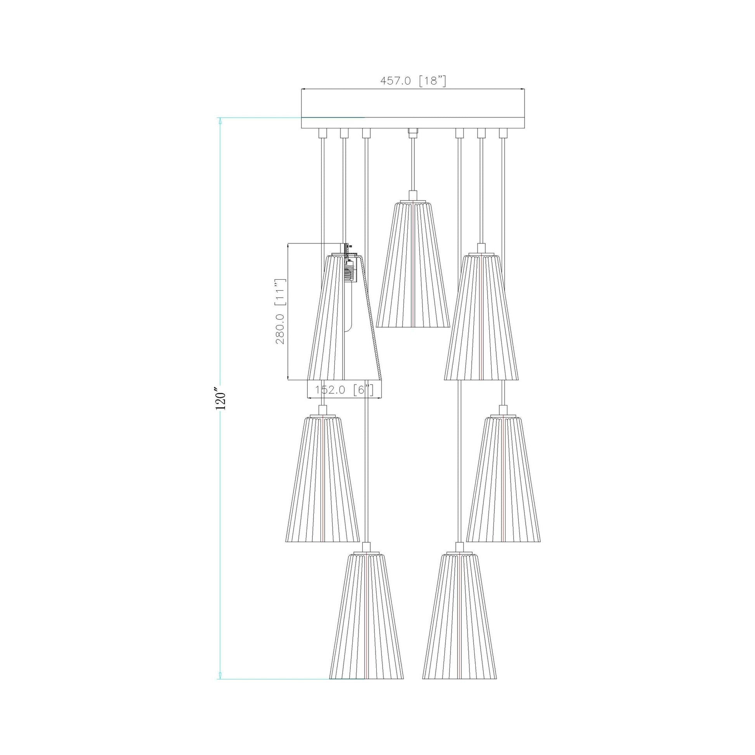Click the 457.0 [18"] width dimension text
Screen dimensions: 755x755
click(413, 81)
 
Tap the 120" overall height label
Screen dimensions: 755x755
click(221, 398)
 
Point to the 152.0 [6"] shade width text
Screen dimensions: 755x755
click(344, 390)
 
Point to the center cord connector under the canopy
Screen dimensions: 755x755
click(413, 132)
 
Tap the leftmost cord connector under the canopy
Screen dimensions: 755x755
click(322, 133)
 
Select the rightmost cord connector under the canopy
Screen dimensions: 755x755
click(503, 133)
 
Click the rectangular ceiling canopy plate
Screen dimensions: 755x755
click(413, 109)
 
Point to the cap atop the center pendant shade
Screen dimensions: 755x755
click(413, 196)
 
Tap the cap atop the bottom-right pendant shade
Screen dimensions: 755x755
click(460, 547)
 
